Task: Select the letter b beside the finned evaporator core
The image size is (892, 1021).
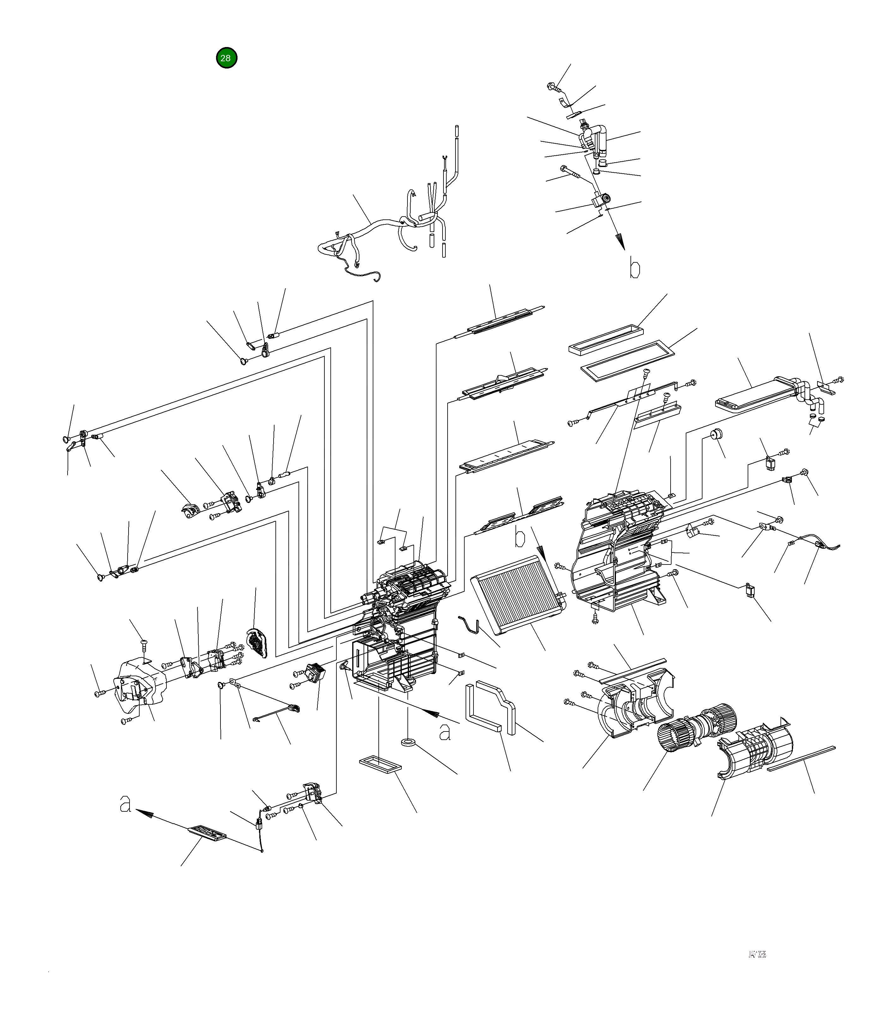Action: (x=520, y=538)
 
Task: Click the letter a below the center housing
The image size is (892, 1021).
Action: (x=444, y=732)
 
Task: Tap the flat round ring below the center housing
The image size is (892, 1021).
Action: (x=408, y=743)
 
